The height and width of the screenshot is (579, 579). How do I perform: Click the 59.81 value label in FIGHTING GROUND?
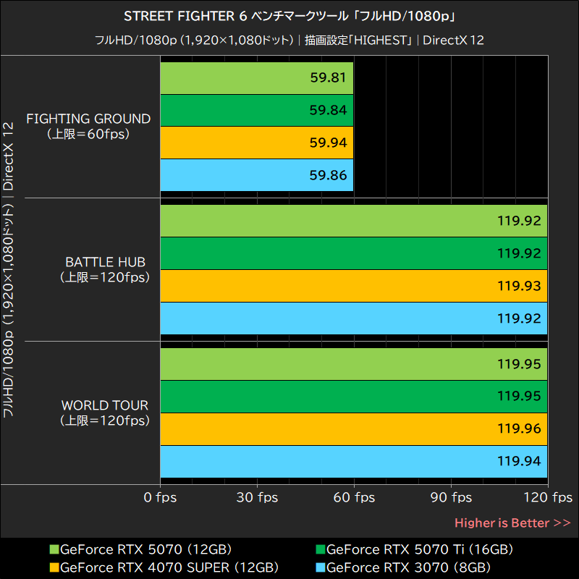click(328, 78)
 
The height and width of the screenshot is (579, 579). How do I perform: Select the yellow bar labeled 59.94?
click(256, 143)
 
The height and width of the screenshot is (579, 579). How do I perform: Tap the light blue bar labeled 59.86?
click(256, 175)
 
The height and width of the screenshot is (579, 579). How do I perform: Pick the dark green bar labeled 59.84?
click(256, 110)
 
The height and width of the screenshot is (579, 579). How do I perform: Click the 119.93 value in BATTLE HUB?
click(519, 286)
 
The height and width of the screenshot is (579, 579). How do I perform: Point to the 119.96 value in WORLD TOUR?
click(519, 429)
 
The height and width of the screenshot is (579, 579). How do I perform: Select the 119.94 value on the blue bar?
click(519, 461)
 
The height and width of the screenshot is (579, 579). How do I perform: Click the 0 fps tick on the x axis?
click(160, 497)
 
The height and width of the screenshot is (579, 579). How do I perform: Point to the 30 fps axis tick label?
click(257, 497)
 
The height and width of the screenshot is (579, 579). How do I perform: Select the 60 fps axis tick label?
click(354, 497)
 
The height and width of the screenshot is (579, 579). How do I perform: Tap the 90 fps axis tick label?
click(451, 497)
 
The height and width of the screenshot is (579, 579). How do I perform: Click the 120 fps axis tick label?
click(548, 497)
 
